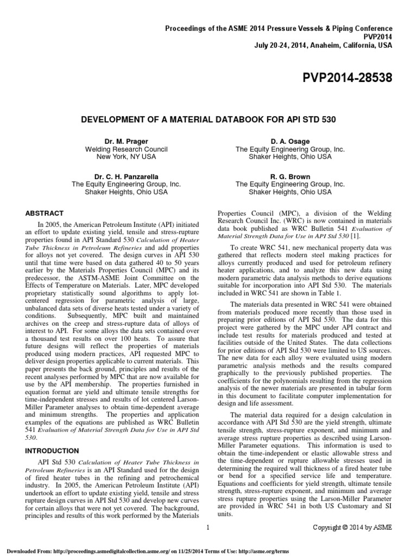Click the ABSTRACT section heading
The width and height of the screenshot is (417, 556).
click(x=45, y=213)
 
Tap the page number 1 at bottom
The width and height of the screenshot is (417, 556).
click(x=208, y=527)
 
